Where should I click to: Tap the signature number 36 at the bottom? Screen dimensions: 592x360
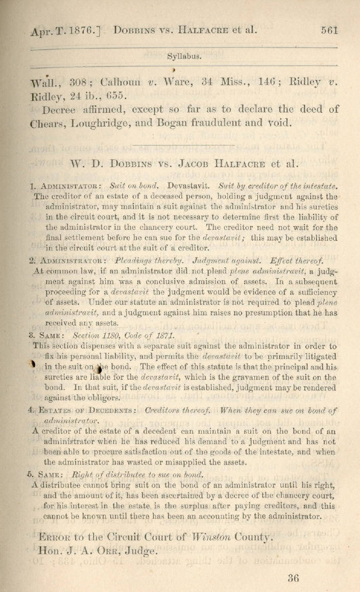pos(293,578)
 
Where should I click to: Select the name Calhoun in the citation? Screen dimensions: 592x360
pos(120,82)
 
